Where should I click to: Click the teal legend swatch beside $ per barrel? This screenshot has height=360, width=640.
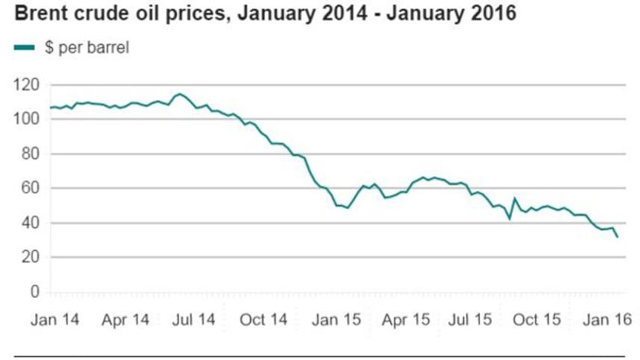point(23,49)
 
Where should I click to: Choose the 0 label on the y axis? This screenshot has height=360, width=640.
point(35,291)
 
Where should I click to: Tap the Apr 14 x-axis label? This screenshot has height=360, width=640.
point(125,320)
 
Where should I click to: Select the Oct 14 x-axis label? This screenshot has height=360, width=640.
point(264,320)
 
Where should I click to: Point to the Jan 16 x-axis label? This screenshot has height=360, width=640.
point(608,320)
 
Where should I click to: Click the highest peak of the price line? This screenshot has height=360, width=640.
point(178,94)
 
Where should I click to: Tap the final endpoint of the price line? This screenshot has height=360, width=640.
point(618,238)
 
